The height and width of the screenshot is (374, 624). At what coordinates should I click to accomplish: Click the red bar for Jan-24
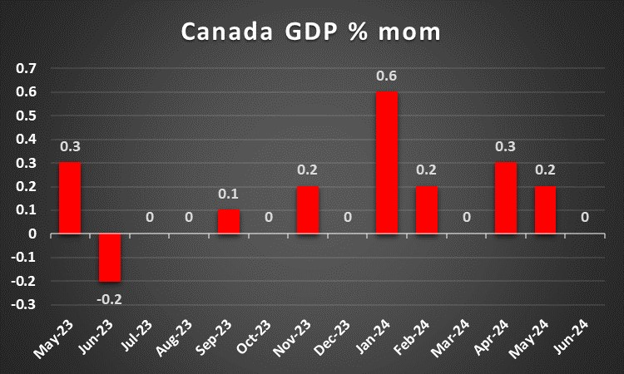pos(387,163)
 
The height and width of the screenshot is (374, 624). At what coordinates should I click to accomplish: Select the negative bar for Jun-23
pos(110,258)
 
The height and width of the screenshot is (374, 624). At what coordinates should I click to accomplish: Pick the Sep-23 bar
pos(229,222)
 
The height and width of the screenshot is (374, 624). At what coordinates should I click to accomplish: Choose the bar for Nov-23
pos(308,210)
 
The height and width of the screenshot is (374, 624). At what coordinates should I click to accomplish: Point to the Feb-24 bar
pos(427,210)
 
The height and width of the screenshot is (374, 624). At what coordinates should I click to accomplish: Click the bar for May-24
pos(546,210)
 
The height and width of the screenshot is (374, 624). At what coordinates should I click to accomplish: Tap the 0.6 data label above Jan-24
pos(387,76)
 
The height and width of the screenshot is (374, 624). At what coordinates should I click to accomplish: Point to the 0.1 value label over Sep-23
pos(229,195)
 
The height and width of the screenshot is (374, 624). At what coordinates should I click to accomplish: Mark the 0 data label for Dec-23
pos(348,218)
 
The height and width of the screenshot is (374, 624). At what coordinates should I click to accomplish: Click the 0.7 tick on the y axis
pos(27,68)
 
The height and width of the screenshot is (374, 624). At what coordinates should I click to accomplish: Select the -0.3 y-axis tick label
pos(25,305)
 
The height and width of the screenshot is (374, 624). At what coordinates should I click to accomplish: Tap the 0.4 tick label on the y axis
pos(27,140)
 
